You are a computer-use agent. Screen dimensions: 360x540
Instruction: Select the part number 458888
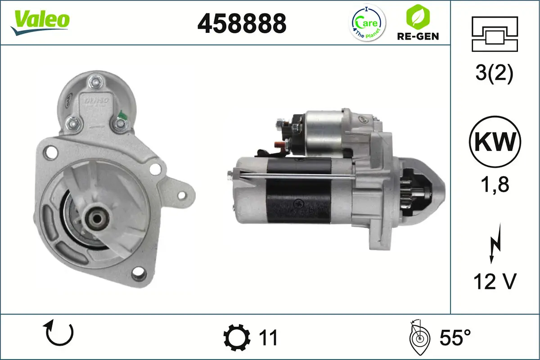click(242, 23)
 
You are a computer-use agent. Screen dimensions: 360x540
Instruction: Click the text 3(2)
click(494, 74)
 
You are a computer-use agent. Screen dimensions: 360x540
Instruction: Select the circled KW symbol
click(495, 142)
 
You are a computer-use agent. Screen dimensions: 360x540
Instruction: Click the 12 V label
click(494, 282)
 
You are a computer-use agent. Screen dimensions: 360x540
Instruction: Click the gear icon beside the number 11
click(237, 337)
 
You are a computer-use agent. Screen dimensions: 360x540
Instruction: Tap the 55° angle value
click(455, 337)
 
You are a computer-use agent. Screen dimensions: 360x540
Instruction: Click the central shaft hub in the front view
click(96, 219)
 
